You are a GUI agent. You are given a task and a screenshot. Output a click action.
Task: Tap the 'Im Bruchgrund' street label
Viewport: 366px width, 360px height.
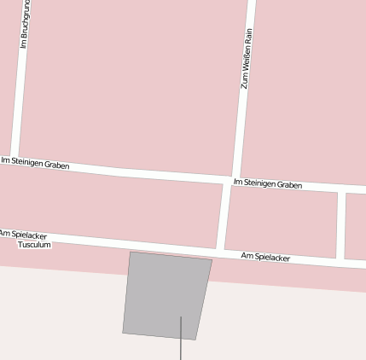24,26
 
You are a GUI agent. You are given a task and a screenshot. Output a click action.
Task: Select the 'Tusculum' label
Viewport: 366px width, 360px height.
35,245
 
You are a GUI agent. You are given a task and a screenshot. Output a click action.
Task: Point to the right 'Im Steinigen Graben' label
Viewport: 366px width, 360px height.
267,183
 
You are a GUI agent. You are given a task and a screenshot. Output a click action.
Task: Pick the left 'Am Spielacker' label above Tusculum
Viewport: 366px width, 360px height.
23,234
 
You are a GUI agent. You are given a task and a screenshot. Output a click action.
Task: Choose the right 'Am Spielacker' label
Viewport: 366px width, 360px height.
265,256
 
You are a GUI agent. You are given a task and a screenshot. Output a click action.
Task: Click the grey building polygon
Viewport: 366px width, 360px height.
166,294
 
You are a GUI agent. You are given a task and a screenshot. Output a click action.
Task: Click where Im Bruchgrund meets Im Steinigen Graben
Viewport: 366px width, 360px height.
14,158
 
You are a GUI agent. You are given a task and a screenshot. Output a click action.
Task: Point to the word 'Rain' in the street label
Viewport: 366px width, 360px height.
249,36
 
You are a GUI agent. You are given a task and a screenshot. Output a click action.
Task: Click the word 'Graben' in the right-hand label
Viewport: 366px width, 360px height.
289,185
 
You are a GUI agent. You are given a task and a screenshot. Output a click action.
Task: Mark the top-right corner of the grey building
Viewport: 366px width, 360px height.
212,259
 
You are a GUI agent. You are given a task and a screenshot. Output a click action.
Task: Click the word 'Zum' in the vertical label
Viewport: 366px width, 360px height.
244,82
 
